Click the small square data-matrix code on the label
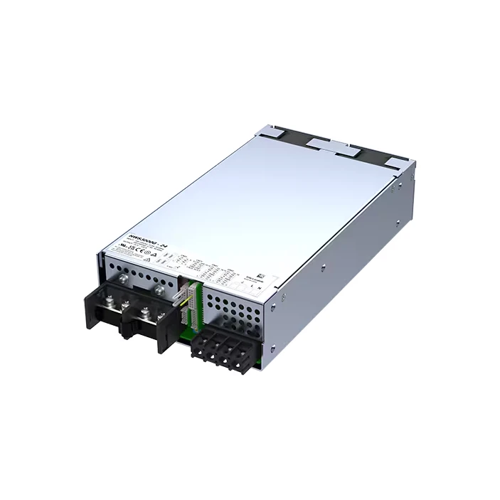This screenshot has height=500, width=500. (260, 274)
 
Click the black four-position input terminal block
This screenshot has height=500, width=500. (221, 346)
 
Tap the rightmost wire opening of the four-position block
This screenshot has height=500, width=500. (245, 362)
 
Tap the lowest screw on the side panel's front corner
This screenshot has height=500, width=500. (272, 348)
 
